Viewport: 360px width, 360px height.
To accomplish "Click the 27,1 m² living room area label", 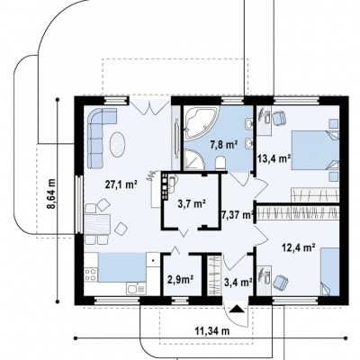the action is pyautogui.click(x=121, y=184).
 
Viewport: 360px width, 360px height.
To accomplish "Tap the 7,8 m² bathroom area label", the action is pyautogui.click(x=224, y=145).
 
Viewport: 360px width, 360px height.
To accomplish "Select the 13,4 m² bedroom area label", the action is pyautogui.click(x=274, y=158).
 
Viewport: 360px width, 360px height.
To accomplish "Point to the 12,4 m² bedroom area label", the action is pyautogui.click(x=299, y=247).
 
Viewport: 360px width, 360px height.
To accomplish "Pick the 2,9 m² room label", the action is pyautogui.click(x=180, y=280).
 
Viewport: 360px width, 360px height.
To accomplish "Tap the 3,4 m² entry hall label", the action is pyautogui.click(x=238, y=282).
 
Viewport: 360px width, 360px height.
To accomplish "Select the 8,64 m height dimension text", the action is pyautogui.click(x=51, y=193).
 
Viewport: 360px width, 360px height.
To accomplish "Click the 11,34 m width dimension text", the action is pyautogui.click(x=212, y=331).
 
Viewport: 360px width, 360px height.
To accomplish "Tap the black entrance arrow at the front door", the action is pyautogui.click(x=237, y=309).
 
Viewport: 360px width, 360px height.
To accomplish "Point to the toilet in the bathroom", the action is pyautogui.click(x=220, y=163).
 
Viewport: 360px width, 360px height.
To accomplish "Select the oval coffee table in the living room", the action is pyautogui.click(x=118, y=145).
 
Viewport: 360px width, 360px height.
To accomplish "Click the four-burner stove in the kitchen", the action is pyautogui.click(x=90, y=274).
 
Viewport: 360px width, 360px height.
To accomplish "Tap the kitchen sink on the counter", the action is pyautogui.click(x=137, y=289).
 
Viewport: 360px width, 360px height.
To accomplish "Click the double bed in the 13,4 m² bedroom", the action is pyautogui.click(x=316, y=150).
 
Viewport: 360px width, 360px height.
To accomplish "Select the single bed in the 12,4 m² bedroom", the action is pyautogui.click(x=330, y=272).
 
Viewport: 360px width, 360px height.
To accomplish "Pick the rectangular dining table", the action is pyautogui.click(x=97, y=224).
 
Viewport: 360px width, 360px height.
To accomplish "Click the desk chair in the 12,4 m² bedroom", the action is pyautogui.click(x=281, y=283).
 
